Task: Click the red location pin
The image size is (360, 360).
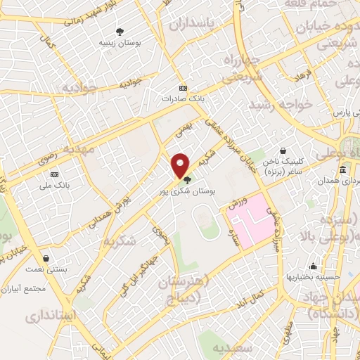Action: click(x=181, y=166)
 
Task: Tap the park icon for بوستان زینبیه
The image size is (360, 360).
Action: click(x=120, y=32)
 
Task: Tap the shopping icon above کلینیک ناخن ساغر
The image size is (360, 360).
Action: click(x=282, y=150)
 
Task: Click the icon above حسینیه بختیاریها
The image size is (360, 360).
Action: click(x=313, y=266)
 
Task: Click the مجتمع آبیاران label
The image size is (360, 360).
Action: click(x=24, y=289)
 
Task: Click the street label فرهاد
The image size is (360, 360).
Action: click(x=303, y=72)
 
